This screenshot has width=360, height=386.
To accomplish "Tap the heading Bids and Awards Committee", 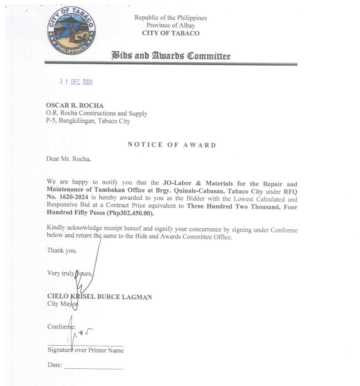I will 171,56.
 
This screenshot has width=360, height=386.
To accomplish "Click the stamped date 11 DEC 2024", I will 77,82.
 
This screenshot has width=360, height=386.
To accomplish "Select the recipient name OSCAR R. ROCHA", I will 71,106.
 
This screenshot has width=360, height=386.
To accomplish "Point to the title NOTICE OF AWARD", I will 171,145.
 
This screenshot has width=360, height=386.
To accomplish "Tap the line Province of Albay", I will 170,25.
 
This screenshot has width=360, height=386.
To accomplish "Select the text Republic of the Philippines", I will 170,18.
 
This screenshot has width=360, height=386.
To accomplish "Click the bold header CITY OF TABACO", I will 170,33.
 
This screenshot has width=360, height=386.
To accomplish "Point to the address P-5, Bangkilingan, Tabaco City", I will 88,121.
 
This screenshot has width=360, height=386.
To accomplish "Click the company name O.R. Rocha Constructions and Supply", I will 97,113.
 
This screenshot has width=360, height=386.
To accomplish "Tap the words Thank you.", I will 62,250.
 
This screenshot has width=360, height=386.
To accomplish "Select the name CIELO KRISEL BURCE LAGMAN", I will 99,297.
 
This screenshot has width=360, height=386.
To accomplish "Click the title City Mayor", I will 63,304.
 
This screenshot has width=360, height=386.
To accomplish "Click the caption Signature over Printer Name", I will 85,350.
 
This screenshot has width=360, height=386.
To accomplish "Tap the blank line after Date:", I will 93,367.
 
